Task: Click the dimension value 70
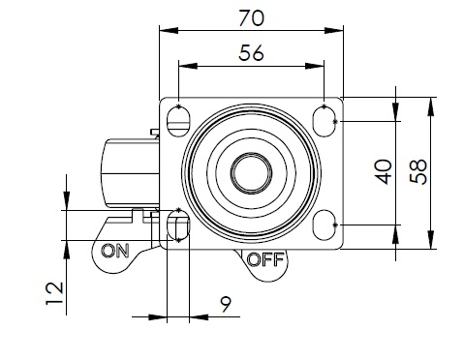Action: coord(251,18)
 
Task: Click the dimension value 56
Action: coord(251,53)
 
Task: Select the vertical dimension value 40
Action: coord(384,171)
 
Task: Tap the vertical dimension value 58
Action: coord(418,171)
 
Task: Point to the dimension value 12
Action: coord(54,293)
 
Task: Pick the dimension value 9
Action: coord(226,304)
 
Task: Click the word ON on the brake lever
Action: coord(115,251)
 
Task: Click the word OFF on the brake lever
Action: coord(265,259)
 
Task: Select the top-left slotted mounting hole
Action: coord(178,121)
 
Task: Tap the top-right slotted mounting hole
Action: coord(324,121)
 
